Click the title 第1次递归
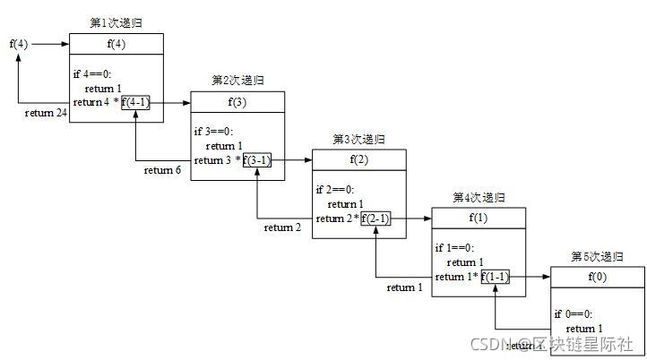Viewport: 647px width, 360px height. (116, 21)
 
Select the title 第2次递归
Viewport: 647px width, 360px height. (237, 80)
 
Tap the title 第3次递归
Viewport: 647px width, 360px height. (358, 139)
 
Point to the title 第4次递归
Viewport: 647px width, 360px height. (479, 197)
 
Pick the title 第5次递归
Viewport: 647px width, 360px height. (597, 256)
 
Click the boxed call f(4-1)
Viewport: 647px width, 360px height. (136, 103)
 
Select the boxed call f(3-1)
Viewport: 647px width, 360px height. (257, 160)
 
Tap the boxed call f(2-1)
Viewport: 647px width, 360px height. (376, 219)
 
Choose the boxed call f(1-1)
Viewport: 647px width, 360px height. (496, 277)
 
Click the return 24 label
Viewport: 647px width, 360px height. (46, 113)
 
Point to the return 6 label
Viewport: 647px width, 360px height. (162, 170)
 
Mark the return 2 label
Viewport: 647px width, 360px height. (283, 227)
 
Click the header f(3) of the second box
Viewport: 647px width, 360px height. (237, 102)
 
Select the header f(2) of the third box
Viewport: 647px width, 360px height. (358, 159)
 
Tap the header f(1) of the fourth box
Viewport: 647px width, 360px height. (479, 218)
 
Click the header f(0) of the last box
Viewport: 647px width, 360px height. (597, 277)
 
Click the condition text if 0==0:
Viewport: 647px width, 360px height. (574, 314)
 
